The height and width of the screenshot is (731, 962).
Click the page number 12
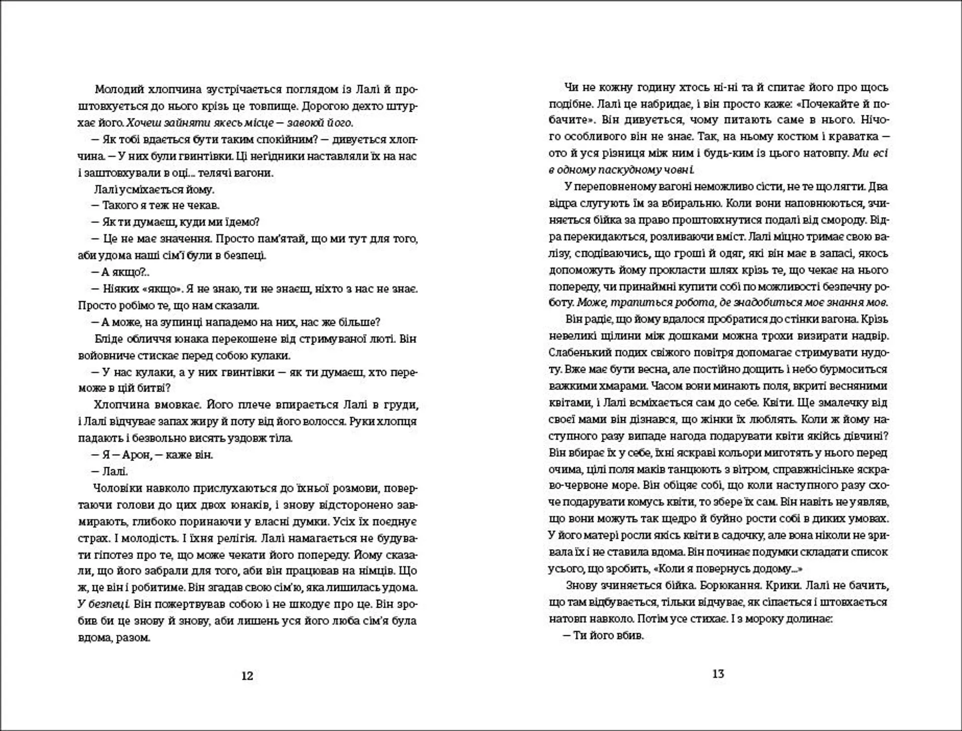pos(248,675)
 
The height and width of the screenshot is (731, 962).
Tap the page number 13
pos(718,673)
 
